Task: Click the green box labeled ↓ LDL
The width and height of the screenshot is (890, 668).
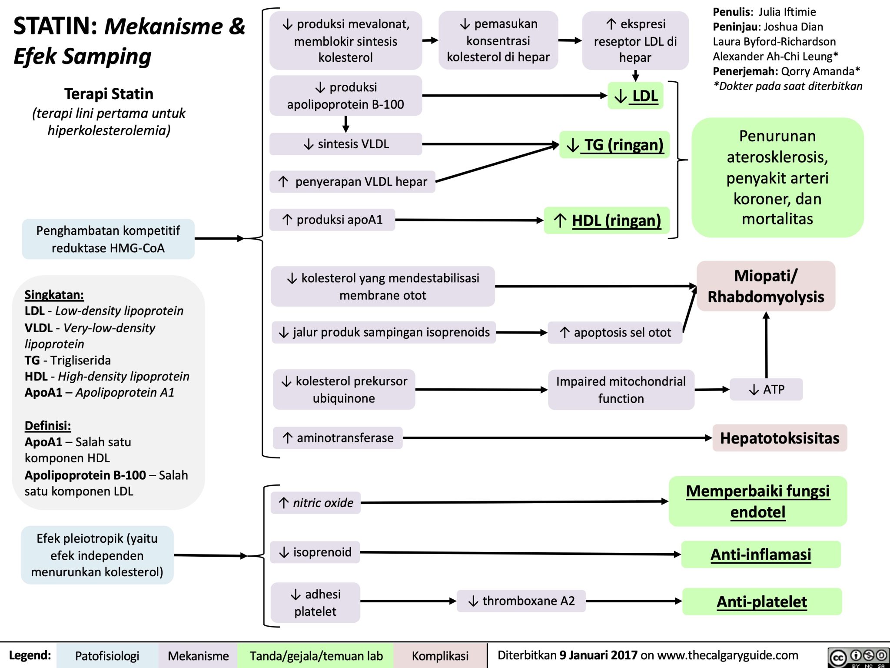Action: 635,96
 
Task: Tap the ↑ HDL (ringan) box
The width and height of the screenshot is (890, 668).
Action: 607,220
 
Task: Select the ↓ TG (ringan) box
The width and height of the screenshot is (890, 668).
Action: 614,145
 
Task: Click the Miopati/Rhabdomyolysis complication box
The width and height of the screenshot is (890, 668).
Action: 766,286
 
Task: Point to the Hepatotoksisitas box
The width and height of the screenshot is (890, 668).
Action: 780,438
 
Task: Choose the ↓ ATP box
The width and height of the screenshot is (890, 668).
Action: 766,389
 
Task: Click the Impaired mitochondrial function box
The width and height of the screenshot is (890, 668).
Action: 621,390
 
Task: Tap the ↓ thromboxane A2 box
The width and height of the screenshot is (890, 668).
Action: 521,601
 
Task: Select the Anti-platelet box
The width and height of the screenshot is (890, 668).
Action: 762,601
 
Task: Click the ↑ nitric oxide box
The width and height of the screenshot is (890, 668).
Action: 316,503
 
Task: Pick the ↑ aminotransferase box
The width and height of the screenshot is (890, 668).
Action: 338,438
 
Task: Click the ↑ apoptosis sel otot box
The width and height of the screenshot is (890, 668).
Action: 615,333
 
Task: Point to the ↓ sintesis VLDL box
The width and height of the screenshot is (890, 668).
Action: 345,144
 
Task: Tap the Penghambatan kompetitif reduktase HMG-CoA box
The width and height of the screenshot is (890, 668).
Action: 108,239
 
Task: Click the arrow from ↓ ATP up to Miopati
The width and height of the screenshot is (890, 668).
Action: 766,346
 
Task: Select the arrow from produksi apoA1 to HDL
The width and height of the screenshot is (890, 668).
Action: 469,220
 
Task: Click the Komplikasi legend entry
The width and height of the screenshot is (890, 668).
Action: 440,656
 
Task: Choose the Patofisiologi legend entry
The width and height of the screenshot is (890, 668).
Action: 107,656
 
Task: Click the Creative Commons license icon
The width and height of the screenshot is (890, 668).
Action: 858,657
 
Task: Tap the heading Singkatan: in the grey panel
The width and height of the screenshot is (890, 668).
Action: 54,295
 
